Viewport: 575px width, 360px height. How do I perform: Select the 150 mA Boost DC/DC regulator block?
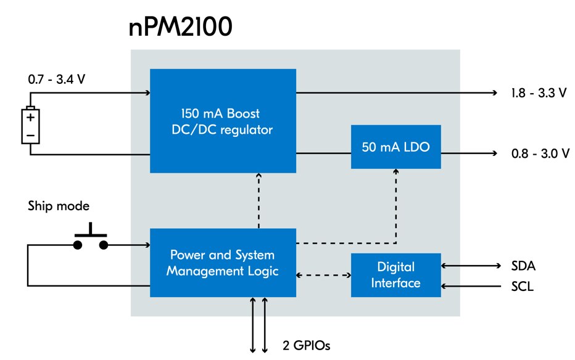(x=223, y=121)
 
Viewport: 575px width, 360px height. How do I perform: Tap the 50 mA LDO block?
(x=396, y=147)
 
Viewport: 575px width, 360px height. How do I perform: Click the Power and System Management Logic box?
(x=223, y=263)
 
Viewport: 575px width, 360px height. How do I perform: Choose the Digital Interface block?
(x=396, y=275)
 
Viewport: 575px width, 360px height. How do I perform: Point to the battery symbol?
(x=30, y=126)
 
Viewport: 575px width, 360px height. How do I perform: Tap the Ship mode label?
(x=59, y=206)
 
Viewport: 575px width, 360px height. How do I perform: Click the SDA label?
(x=523, y=266)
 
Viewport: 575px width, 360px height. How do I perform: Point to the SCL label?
(x=523, y=287)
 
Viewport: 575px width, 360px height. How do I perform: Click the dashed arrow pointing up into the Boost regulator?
(x=259, y=201)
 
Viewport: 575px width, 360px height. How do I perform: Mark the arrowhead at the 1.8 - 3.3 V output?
(x=494, y=93)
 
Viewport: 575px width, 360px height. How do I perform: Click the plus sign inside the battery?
(x=30, y=118)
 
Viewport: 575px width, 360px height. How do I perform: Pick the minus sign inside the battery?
(x=30, y=134)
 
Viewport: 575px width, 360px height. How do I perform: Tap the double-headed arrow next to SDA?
(x=471, y=266)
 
